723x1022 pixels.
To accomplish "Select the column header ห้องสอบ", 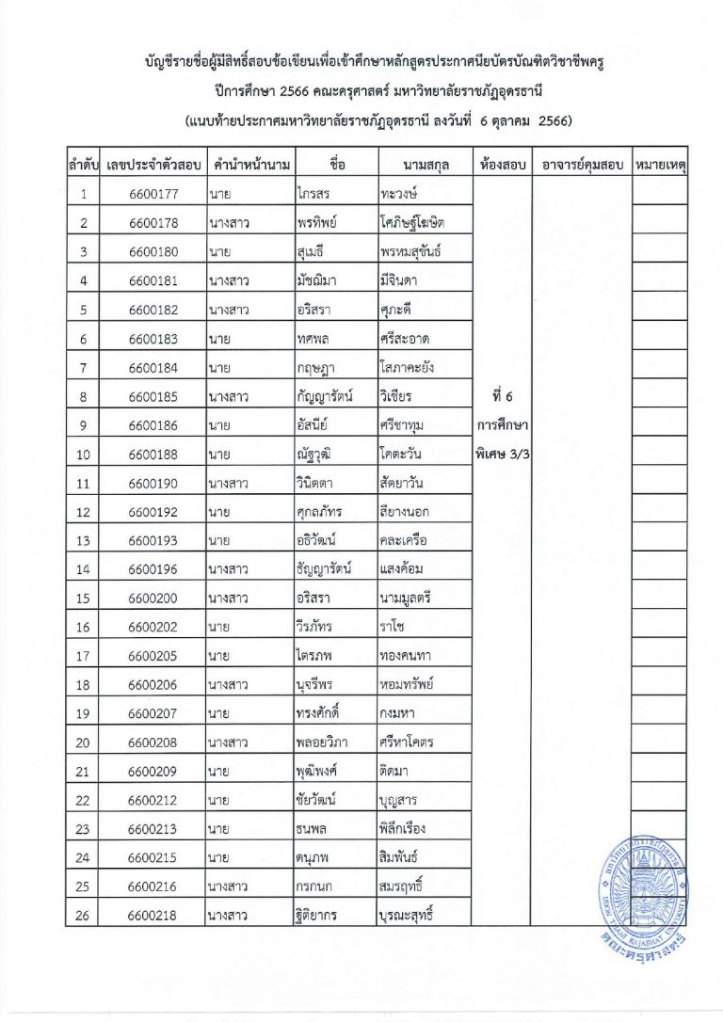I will [x=501, y=164].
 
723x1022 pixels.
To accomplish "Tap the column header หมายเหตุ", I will [x=672, y=164].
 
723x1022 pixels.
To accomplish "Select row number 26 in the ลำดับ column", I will [x=85, y=915].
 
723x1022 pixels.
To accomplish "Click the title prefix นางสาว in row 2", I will [x=229, y=223].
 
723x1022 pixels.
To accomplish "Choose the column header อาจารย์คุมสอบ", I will [x=580, y=164].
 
